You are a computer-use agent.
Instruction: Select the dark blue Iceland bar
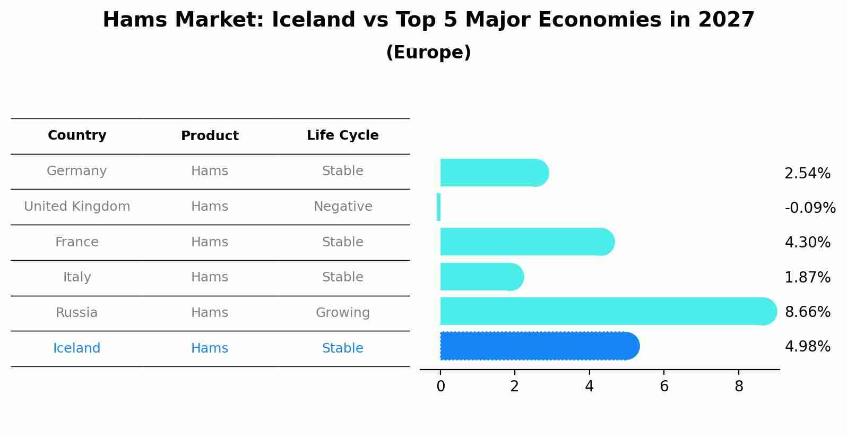click(x=539, y=346)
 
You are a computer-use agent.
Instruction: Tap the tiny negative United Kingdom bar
click(x=438, y=207)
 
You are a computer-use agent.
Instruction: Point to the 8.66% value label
click(x=807, y=312)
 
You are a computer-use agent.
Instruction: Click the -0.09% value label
click(x=810, y=208)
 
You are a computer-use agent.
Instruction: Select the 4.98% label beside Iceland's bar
click(x=807, y=347)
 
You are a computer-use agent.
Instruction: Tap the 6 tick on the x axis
click(x=664, y=387)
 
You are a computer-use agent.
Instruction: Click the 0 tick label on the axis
click(x=440, y=387)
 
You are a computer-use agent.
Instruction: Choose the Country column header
click(x=77, y=135)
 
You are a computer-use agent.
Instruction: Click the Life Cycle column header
click(x=343, y=135)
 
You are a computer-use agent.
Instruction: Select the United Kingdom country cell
click(x=77, y=207)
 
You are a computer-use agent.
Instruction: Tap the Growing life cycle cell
click(x=343, y=313)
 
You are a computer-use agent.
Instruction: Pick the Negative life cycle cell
click(x=343, y=207)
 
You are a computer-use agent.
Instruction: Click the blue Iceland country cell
click(x=77, y=348)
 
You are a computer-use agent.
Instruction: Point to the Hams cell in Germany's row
click(x=210, y=171)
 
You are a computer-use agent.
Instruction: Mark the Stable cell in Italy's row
click(x=343, y=277)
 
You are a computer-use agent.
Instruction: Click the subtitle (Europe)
click(x=428, y=53)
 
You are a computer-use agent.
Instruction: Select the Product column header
click(x=210, y=136)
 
